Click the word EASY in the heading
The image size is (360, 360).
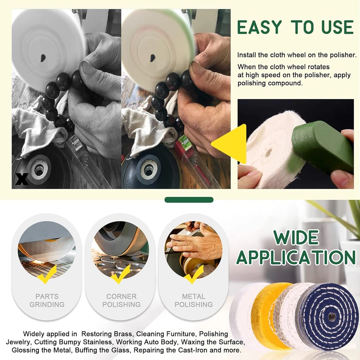259,27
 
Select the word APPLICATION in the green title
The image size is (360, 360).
296,257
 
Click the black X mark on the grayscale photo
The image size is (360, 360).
22,179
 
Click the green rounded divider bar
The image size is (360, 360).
189,200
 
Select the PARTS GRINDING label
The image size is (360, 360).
47,300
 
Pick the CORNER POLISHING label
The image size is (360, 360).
121,300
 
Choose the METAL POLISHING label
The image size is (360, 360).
194,300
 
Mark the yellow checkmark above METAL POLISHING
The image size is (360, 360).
194,274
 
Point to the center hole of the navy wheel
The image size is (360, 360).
331,317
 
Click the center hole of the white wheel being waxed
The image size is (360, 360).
268,153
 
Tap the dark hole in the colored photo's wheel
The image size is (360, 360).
152,58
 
